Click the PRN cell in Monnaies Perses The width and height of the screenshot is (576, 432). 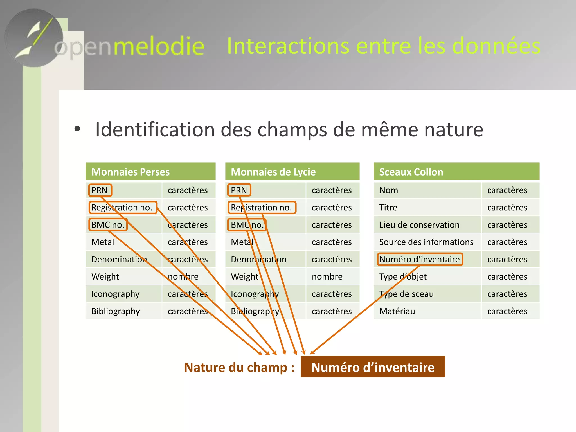100,190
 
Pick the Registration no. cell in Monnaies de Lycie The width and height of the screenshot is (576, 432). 261,208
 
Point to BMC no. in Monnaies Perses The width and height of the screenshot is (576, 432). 108,225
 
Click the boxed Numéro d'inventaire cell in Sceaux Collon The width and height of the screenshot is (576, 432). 419,259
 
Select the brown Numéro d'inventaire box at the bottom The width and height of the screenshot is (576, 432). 373,367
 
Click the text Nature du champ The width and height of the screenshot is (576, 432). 239,367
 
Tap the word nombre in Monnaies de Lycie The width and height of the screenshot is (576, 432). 327,277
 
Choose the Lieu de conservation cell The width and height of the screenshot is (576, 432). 419,225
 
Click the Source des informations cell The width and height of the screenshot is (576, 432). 426,242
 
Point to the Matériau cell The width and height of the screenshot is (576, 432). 397,311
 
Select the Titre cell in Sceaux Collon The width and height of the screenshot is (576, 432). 388,208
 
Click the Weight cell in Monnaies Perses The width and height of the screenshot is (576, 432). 105,277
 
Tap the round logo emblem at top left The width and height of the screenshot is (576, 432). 34,38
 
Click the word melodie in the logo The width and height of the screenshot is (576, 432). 159,46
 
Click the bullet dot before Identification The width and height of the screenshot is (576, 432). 77,129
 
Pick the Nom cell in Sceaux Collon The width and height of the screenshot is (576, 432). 388,190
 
